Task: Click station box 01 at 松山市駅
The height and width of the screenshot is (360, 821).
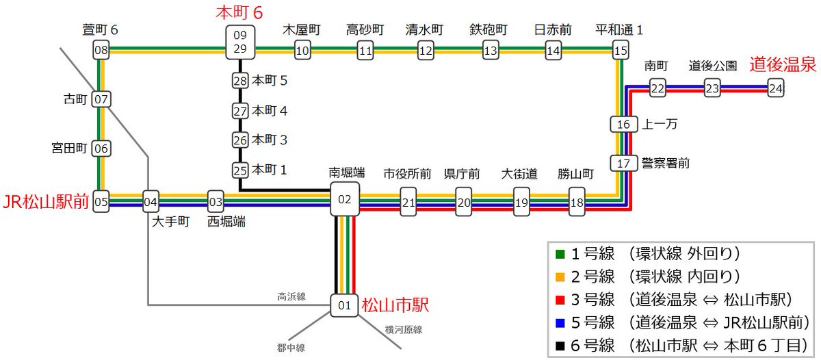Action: click(344, 305)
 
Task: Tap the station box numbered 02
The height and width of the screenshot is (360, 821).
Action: click(344, 199)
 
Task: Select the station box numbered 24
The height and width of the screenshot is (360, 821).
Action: click(775, 88)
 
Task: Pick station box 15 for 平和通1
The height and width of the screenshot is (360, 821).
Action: click(620, 50)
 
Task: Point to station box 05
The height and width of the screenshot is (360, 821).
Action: click(101, 202)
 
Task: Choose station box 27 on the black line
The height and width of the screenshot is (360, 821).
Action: click(239, 110)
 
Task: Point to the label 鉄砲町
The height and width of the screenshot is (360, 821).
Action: click(488, 30)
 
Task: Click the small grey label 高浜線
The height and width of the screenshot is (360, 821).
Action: click(291, 297)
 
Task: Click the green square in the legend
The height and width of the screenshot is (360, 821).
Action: click(560, 255)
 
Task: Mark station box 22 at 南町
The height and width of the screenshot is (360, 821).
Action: click(657, 88)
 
